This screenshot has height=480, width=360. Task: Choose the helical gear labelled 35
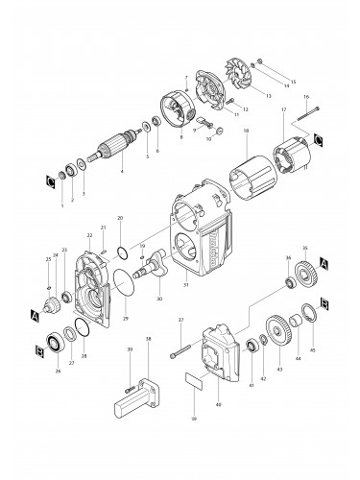(x=304, y=272)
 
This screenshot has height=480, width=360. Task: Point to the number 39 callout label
(x=130, y=351)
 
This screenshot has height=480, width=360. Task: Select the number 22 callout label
(x=89, y=234)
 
